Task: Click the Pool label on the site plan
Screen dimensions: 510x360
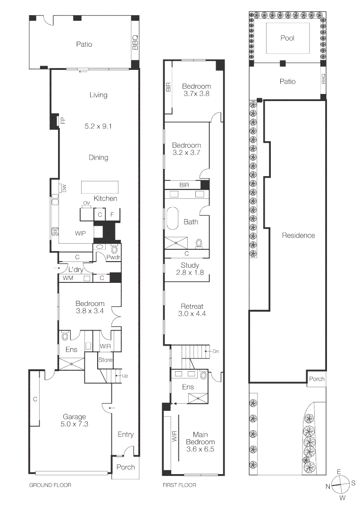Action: pos(287,38)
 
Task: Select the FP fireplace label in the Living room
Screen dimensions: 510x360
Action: pos(62,121)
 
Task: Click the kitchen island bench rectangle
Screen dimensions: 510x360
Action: pos(99,187)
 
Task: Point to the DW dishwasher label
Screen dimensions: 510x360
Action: pos(64,189)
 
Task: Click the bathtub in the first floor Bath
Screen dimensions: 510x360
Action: pos(170,222)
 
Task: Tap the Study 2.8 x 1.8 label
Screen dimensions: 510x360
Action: pos(190,269)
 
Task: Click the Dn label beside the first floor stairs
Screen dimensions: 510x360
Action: pos(216,351)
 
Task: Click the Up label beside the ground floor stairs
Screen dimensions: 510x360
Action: pos(125,376)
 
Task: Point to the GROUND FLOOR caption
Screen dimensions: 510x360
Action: pos(50,485)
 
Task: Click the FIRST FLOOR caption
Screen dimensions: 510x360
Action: pos(180,485)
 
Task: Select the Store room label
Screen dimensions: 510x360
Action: pos(106,360)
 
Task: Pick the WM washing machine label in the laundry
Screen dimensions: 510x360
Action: pos(68,279)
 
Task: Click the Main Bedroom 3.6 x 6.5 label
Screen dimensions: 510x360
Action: pos(203,442)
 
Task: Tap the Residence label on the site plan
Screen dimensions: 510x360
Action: pos(298,235)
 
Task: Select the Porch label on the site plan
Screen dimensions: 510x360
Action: pos(316,379)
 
